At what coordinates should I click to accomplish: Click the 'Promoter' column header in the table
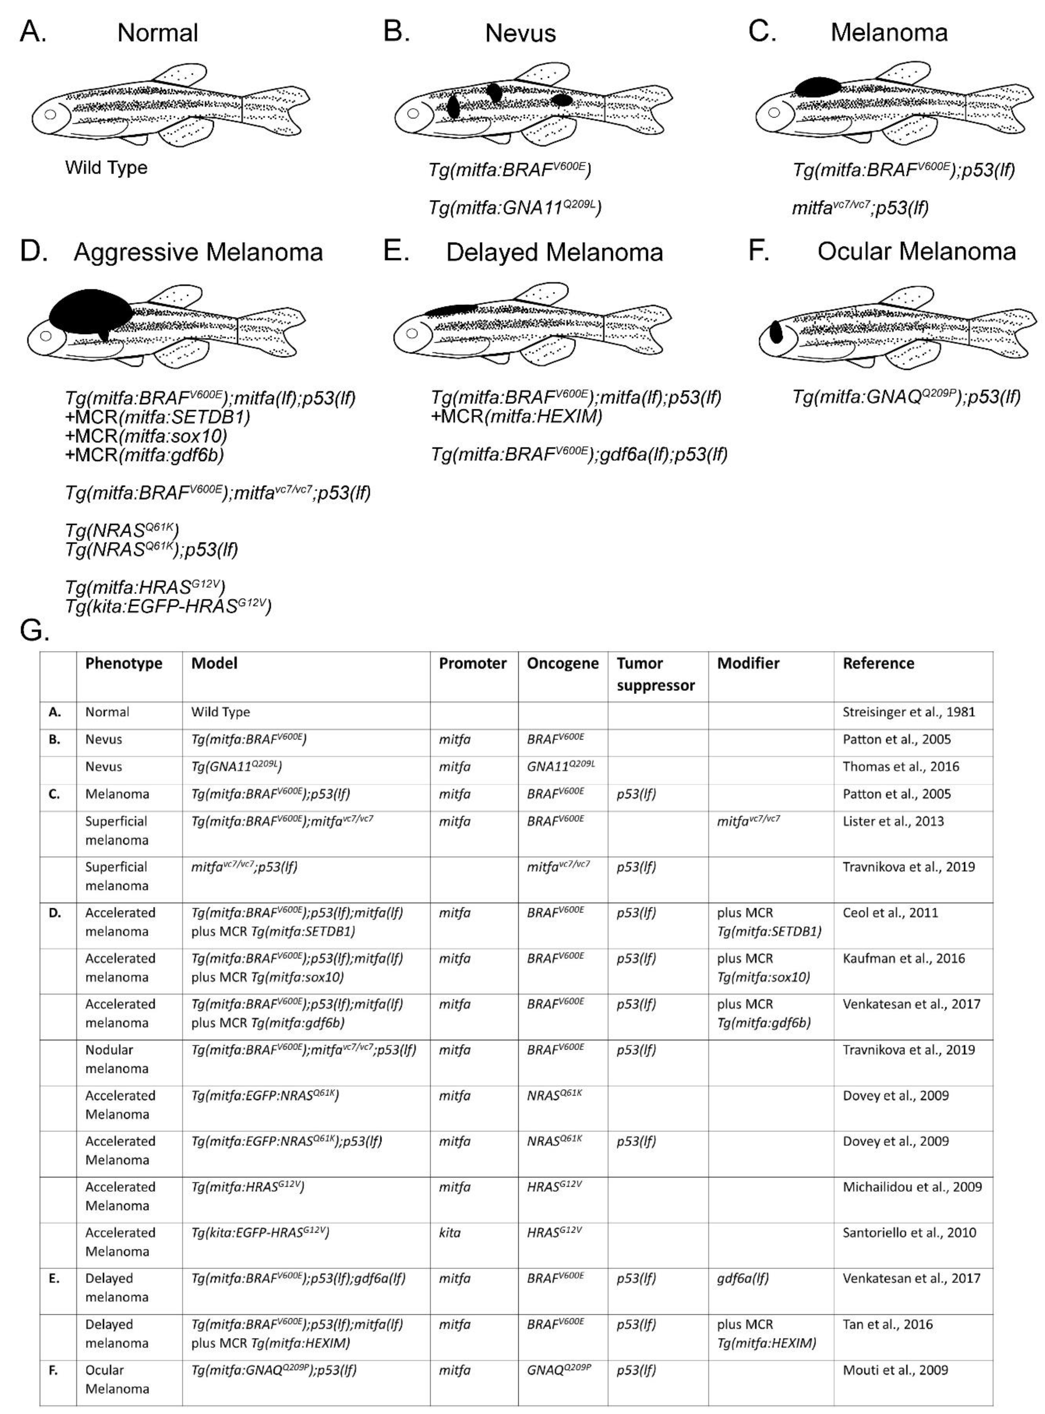click(472, 663)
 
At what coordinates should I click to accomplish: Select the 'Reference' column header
click(878, 663)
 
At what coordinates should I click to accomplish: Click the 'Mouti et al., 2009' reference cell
click(895, 1370)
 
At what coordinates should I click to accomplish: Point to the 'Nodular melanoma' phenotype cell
click(117, 1059)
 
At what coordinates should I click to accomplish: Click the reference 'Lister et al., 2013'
click(893, 821)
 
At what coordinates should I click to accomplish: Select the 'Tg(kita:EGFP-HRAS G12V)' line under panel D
click(168, 607)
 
